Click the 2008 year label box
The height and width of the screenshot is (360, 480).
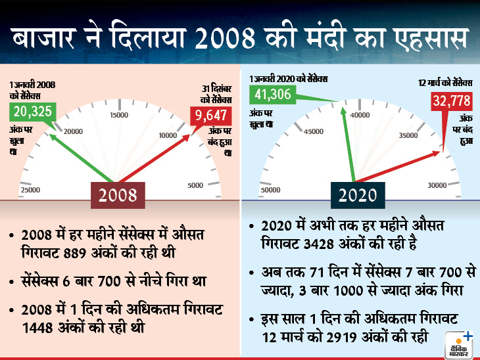click(x=118, y=195)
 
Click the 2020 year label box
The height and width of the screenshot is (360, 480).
click(x=358, y=195)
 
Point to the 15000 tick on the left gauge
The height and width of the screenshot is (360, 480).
click(x=119, y=116)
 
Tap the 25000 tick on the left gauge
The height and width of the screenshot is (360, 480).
click(x=30, y=190)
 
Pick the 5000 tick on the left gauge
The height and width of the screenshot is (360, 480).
click(x=195, y=186)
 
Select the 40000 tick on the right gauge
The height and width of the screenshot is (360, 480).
click(x=359, y=115)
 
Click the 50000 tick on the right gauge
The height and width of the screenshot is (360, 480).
click(x=271, y=190)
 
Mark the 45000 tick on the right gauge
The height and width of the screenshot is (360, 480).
click(x=313, y=131)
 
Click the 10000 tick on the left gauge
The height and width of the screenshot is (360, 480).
click(x=169, y=135)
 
